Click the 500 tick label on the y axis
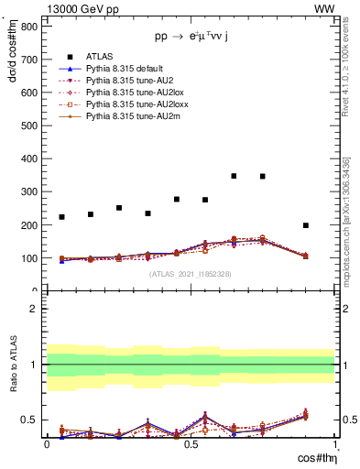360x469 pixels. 29,125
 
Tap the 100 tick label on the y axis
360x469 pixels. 29,258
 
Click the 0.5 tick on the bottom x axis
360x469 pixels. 191,444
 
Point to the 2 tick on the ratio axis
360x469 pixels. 34,309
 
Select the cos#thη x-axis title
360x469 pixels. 314,457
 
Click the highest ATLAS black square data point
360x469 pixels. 235,176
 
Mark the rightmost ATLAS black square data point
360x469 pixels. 306,225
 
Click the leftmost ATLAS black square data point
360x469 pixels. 61,217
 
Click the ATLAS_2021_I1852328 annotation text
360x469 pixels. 191,274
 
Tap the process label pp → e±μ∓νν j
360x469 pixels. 191,38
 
